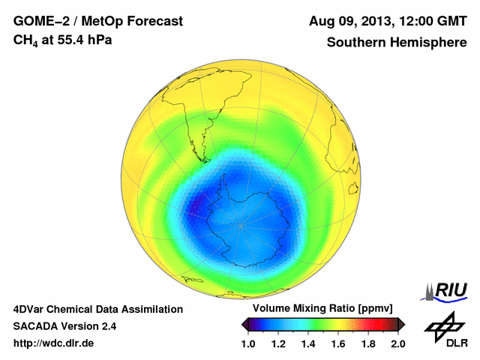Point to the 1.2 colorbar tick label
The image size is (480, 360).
point(278,344)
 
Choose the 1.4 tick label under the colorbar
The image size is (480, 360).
point(308,344)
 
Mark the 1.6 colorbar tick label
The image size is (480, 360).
point(338,344)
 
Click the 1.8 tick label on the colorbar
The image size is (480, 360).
point(367,344)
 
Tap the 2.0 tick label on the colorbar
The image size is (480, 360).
point(397,344)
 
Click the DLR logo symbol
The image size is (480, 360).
point(445,325)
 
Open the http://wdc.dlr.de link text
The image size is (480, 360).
point(54,343)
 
